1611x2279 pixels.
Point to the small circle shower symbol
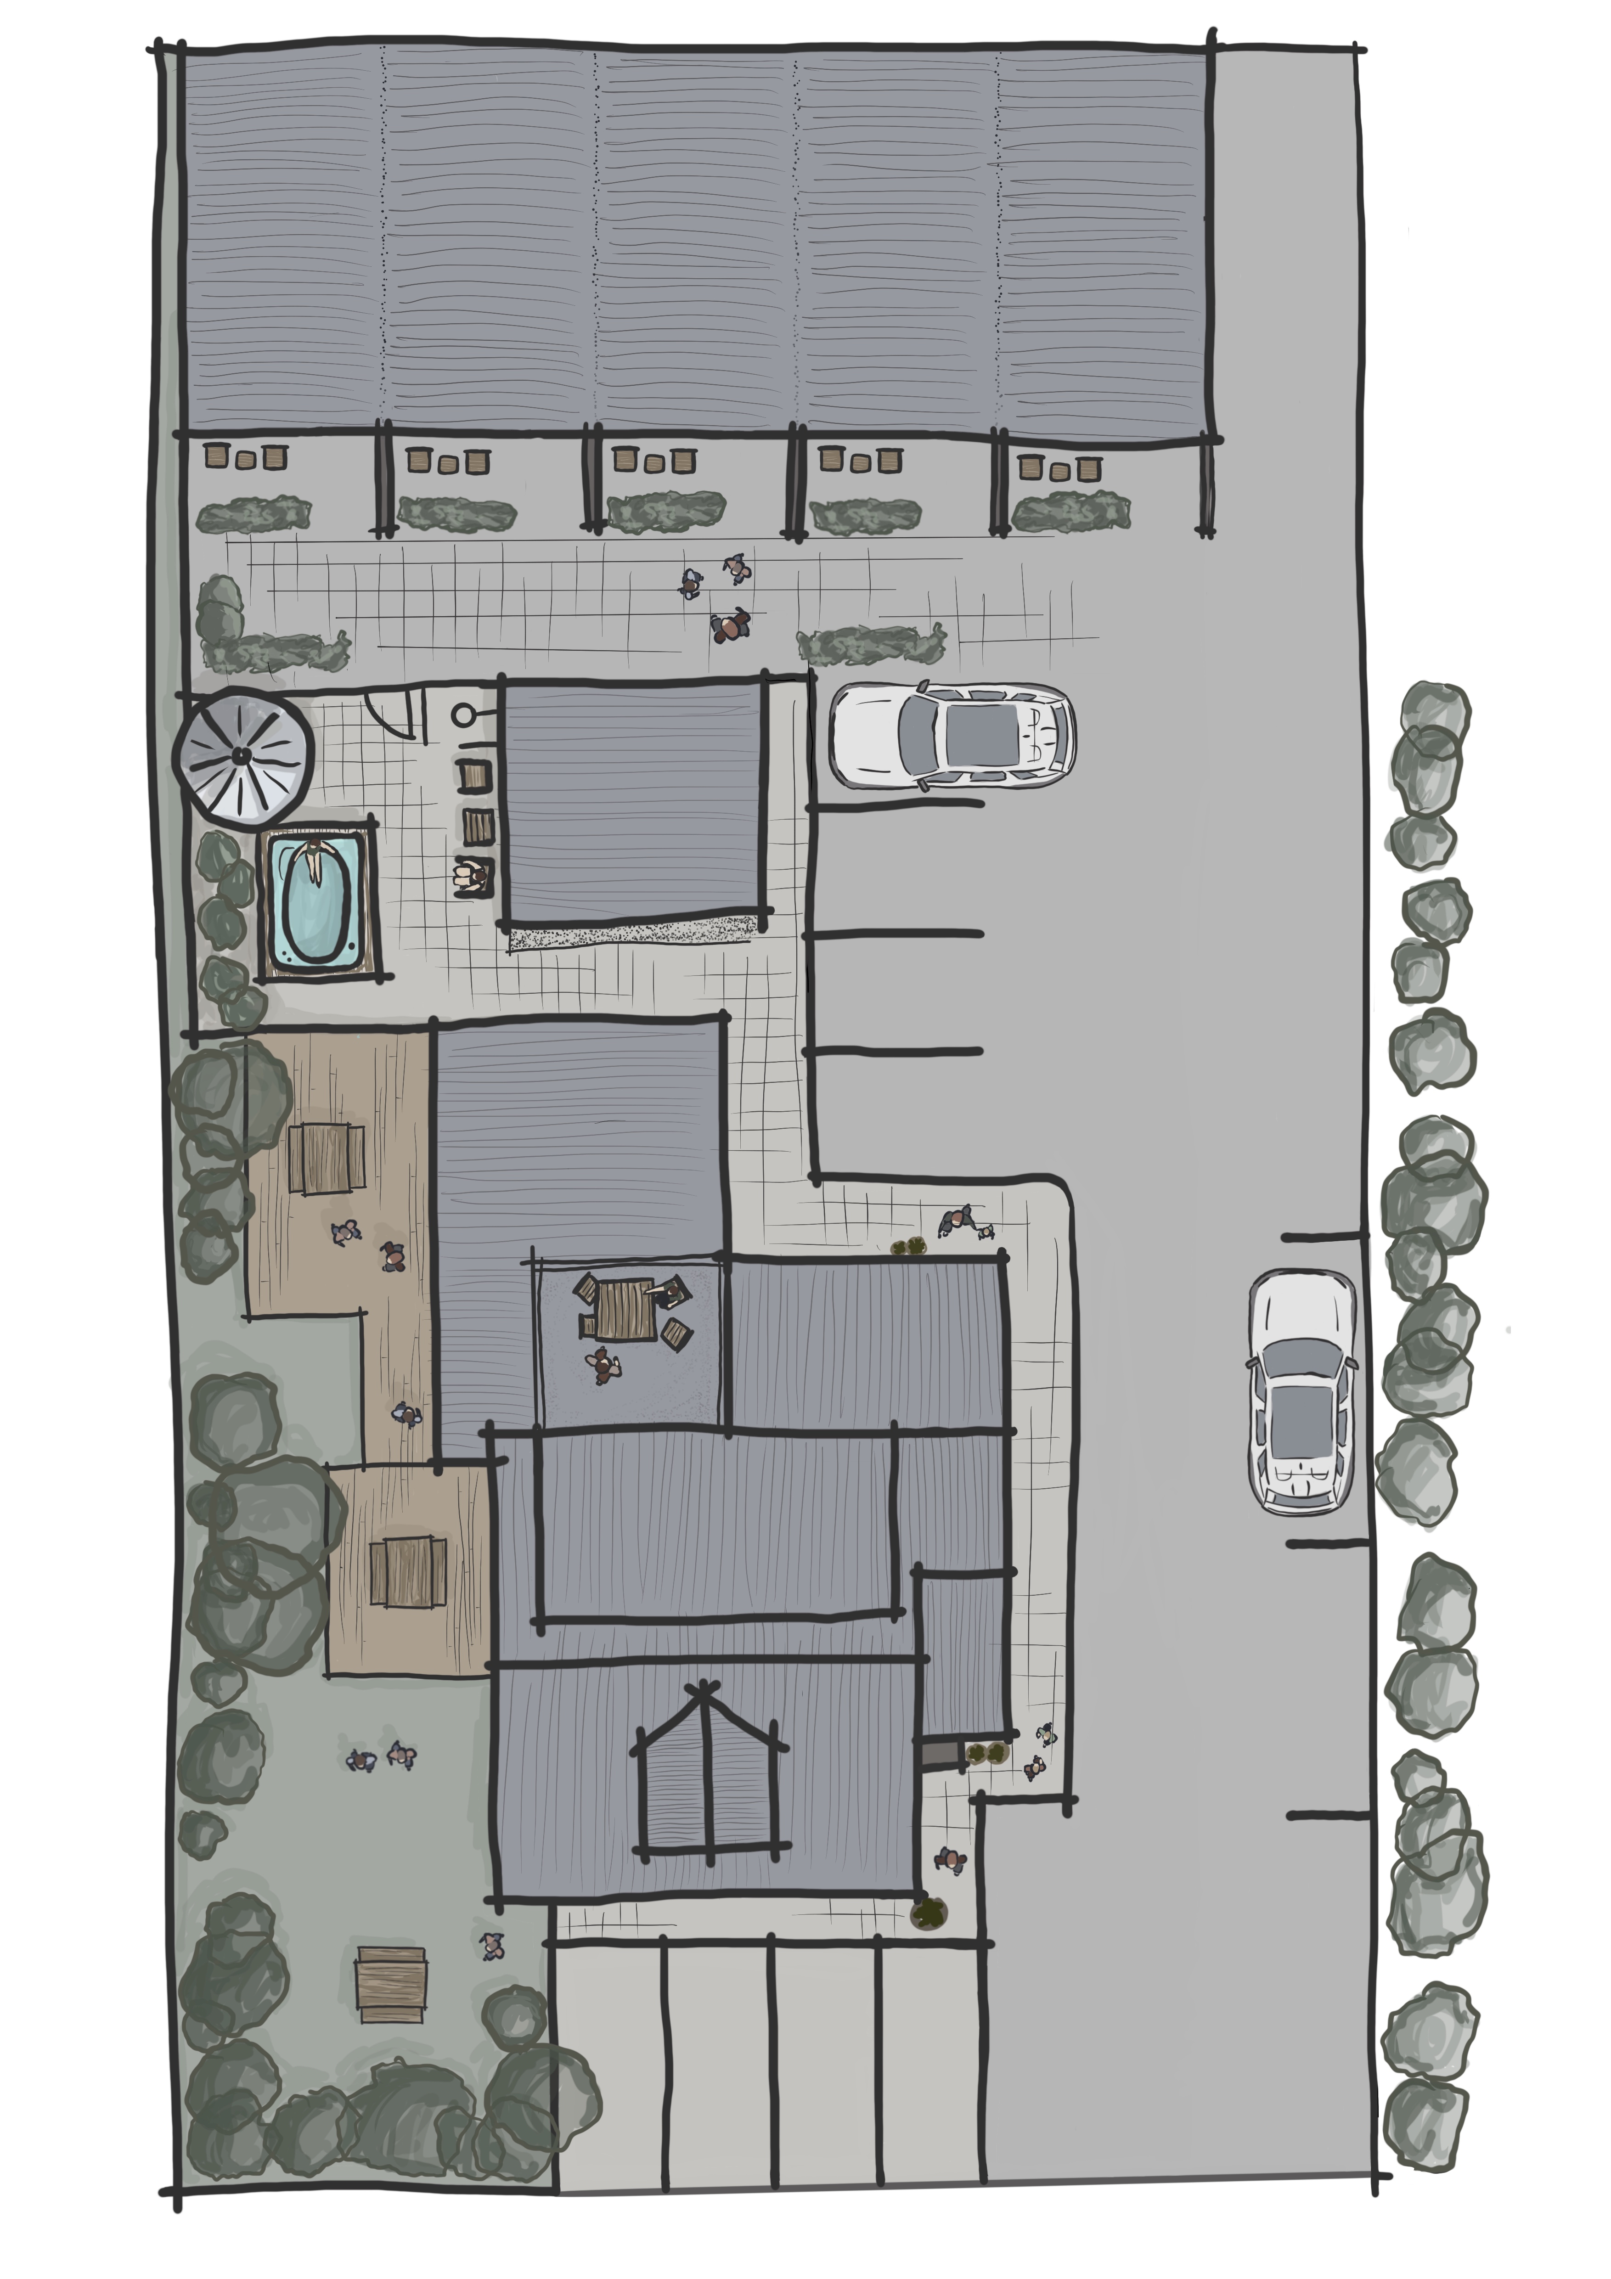pyautogui.click(x=462, y=714)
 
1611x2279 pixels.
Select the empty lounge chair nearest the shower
pyautogui.click(x=474, y=775)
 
